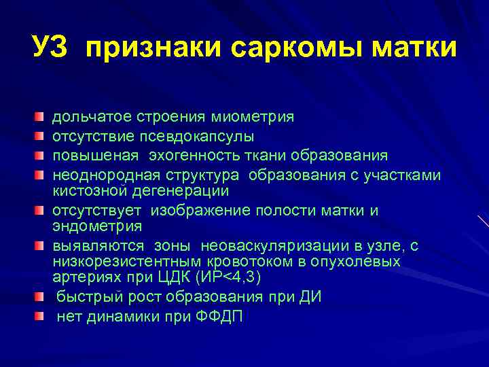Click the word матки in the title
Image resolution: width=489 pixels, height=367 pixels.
[x=415, y=48]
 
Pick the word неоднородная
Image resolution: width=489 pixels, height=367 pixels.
[x=99, y=175]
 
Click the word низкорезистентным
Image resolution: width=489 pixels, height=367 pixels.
[x=122, y=262]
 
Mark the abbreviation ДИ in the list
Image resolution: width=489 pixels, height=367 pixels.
[x=309, y=297]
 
